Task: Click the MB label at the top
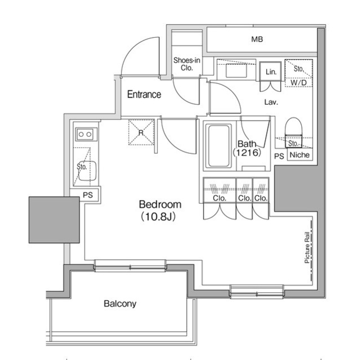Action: point(257,39)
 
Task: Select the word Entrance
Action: point(144,95)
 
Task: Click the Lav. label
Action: point(271,102)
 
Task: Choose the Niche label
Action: point(299,155)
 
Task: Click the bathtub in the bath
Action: point(218,146)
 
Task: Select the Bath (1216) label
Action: point(248,148)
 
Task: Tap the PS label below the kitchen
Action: point(87,195)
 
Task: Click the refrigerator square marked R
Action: point(138,132)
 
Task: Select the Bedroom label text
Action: point(160,205)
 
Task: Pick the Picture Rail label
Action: point(307,247)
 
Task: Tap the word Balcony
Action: point(120,304)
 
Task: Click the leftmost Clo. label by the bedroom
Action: point(219,198)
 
